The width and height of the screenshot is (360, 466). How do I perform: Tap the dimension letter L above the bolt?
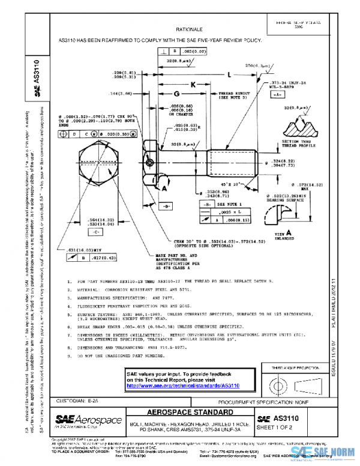pos(230,74)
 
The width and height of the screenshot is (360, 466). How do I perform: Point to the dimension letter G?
pos(176,95)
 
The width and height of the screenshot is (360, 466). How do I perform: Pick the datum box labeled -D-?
pos(166,205)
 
